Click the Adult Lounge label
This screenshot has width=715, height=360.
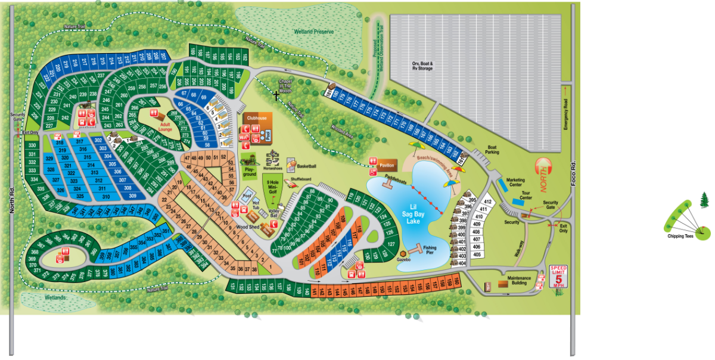(165, 127)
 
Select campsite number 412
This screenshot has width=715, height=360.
(487, 203)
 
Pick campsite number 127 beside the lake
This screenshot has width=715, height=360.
(391, 244)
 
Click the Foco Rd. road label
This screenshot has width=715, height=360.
(573, 172)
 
